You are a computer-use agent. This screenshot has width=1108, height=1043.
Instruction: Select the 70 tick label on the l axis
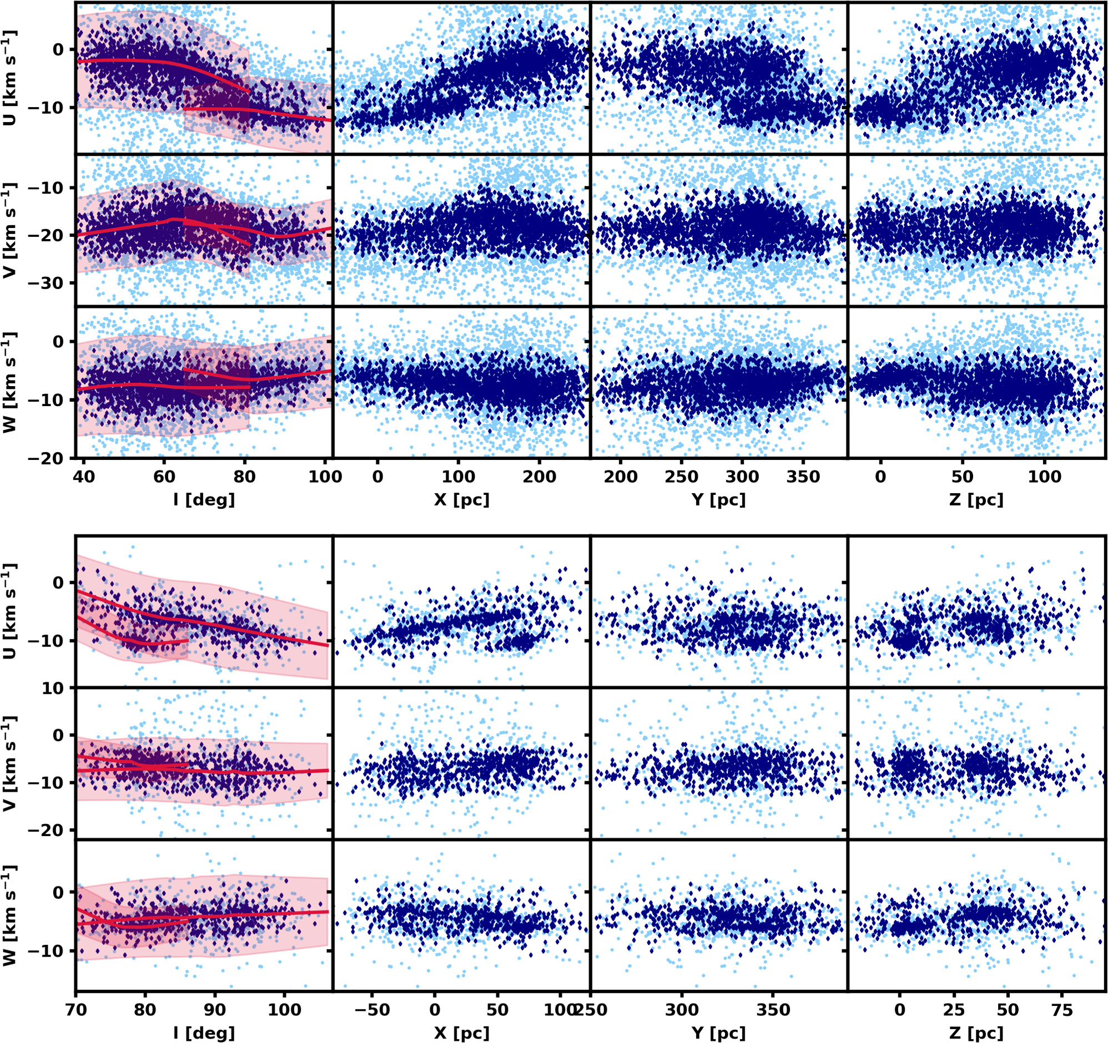coord(77,1010)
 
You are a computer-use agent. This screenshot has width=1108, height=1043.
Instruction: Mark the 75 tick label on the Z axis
coord(1062,1010)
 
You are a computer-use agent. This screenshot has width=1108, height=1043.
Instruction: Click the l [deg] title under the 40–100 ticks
coord(204,500)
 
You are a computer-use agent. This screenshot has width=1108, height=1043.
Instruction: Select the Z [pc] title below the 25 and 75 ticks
coord(976,1033)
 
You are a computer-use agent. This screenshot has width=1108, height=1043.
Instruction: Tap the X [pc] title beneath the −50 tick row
coord(461,1033)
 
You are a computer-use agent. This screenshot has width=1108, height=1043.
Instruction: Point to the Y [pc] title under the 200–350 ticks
coord(718,500)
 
